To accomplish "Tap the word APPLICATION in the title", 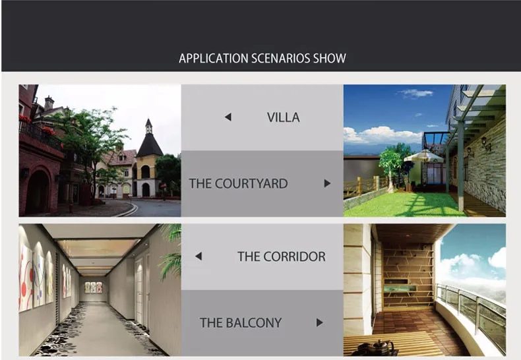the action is [214, 59].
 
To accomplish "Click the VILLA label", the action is [284, 117].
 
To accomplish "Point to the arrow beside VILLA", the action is [228, 117].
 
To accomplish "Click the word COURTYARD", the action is [251, 184].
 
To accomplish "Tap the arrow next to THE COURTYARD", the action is [327, 183].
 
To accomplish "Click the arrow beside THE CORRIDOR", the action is [199, 256].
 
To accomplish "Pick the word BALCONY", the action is [254, 323].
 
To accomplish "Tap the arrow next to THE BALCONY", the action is [320, 322].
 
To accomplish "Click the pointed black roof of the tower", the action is [149, 143].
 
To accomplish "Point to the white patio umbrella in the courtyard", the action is [423, 156].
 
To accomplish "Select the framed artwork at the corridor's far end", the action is [94, 287].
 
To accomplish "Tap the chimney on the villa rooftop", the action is [49, 102].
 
